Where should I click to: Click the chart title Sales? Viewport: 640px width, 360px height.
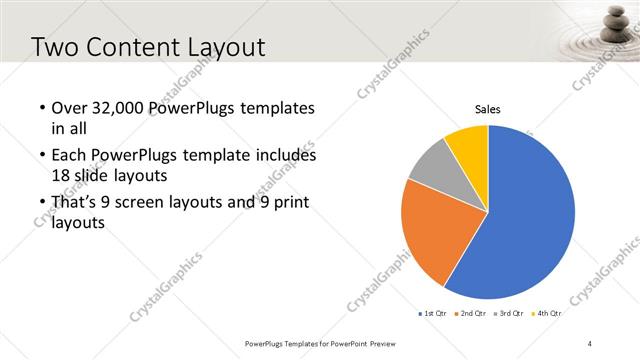pyautogui.click(x=487, y=109)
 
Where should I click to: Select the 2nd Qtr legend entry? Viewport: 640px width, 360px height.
pyautogui.click(x=473, y=313)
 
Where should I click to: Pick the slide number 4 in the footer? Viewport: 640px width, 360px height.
pyautogui.click(x=590, y=343)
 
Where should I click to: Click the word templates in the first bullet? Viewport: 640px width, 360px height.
pyautogui.click(x=277, y=109)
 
